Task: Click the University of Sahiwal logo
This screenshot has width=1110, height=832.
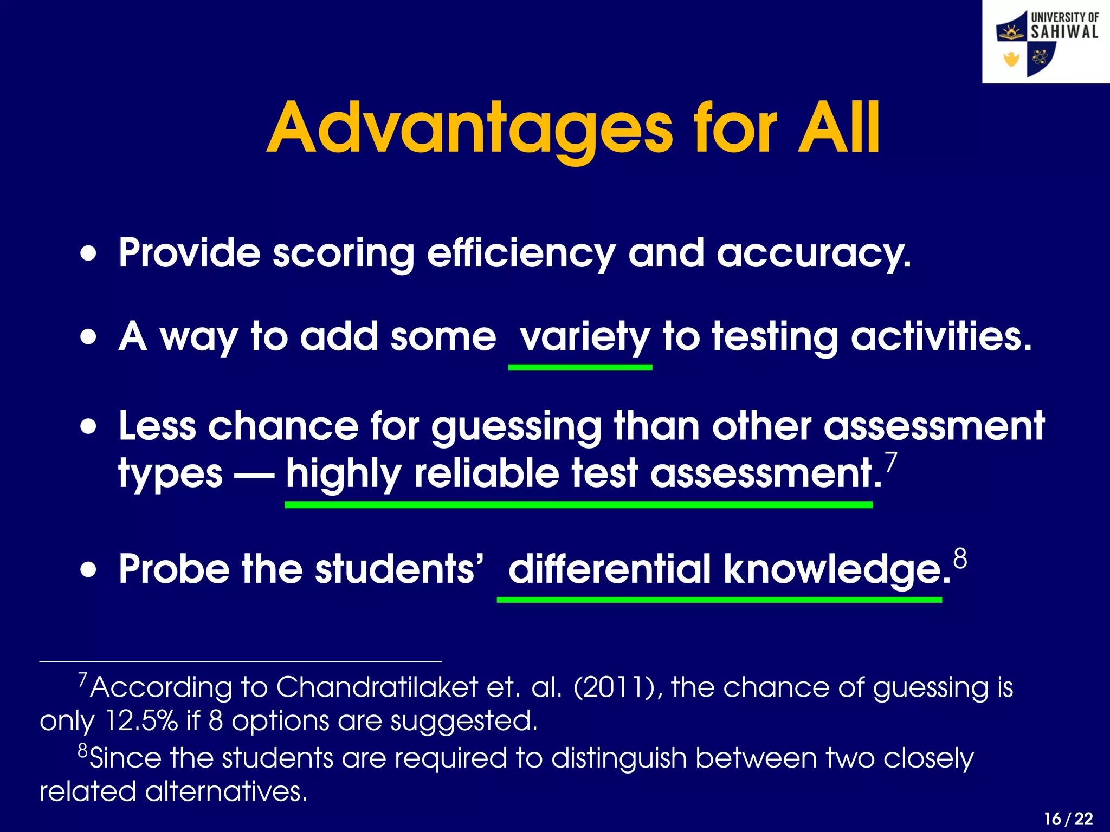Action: [x=1046, y=42]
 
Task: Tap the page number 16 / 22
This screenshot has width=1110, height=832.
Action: [x=1068, y=818]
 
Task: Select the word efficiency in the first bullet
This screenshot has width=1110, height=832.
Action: [x=521, y=253]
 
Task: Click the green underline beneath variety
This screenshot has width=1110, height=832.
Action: [x=580, y=367]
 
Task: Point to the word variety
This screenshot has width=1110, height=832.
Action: [x=584, y=337]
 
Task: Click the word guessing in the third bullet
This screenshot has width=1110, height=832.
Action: [x=517, y=427]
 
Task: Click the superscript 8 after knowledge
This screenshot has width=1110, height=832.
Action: [x=960, y=558]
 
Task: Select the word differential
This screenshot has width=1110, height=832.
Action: [x=610, y=570]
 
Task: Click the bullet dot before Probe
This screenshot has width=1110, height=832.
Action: [x=88, y=570]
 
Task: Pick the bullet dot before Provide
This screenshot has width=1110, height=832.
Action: [x=88, y=253]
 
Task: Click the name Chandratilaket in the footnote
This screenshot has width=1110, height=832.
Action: [x=377, y=687]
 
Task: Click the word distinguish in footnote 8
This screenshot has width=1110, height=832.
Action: [x=618, y=758]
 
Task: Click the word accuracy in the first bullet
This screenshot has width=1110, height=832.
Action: [x=813, y=253]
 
